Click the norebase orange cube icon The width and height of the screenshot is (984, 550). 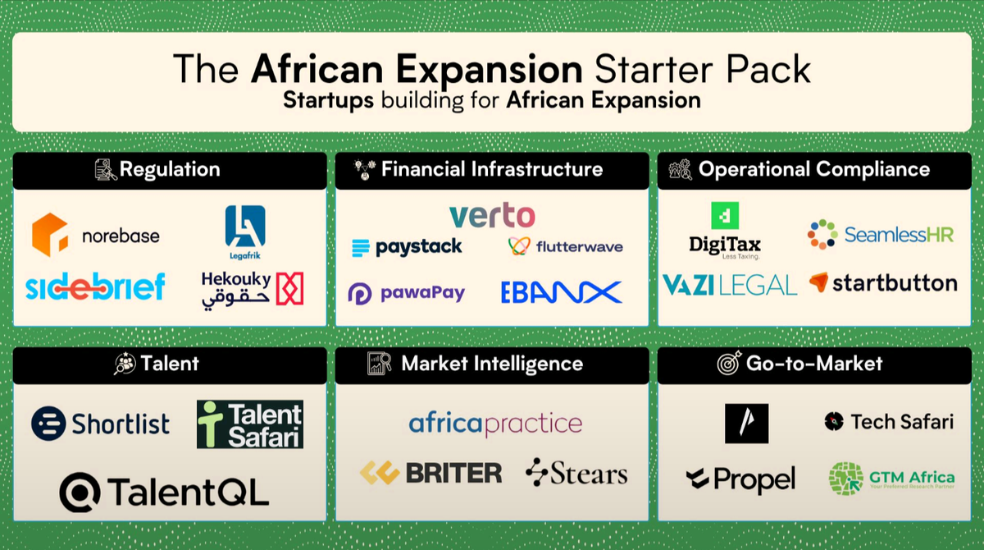50,235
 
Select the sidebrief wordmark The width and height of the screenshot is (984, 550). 95,286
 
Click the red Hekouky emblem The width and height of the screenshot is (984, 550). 289,288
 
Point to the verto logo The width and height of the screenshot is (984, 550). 492,216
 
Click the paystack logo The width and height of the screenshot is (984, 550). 407,247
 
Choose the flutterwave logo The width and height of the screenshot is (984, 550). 565,246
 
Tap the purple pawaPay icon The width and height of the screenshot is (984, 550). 360,293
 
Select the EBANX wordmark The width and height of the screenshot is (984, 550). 562,292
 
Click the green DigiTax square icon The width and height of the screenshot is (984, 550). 725,216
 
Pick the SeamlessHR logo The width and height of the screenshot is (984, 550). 881,235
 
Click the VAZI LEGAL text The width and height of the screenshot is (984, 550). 729,285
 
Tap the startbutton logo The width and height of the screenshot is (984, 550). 883,283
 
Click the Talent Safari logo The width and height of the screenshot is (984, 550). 250,424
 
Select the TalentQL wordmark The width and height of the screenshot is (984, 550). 164,492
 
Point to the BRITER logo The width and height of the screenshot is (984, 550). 431,473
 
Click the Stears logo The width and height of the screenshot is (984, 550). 576,473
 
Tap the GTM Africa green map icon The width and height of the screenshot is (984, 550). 846,479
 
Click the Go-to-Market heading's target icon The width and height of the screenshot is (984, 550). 729,364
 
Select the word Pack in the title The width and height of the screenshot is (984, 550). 771,70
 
